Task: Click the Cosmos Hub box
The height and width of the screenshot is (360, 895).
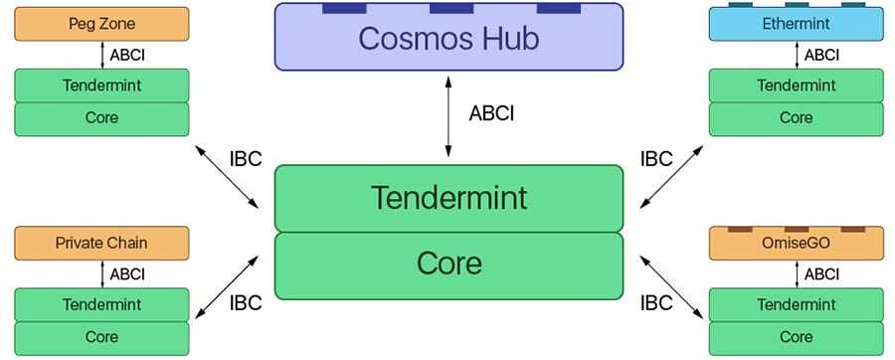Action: pos(447,39)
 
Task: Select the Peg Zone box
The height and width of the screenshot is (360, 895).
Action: pos(101,24)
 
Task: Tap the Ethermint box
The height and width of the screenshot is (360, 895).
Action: pos(796,24)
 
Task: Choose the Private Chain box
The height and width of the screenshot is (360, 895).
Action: pos(101,243)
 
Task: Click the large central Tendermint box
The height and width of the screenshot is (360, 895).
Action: pos(447,198)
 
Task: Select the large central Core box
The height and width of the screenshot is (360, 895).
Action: pos(447,265)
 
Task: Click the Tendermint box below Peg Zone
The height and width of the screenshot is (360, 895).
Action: pos(101,86)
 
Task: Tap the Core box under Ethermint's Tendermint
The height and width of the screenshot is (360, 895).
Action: pos(796,117)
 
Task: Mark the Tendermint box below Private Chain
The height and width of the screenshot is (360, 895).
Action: pos(101,304)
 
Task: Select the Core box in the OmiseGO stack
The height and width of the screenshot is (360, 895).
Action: pos(796,336)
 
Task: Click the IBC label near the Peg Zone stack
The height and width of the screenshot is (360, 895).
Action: pos(245,158)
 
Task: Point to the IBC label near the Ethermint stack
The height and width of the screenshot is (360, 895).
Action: pos(656,158)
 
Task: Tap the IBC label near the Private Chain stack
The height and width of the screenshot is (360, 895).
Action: pos(245,302)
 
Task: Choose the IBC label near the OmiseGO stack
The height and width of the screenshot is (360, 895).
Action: pos(656,302)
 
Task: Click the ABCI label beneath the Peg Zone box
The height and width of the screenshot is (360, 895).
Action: pos(127,55)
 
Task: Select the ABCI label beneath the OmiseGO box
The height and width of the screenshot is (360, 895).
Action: pos(821,273)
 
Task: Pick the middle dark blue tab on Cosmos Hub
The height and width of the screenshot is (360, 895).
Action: pos(450,9)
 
